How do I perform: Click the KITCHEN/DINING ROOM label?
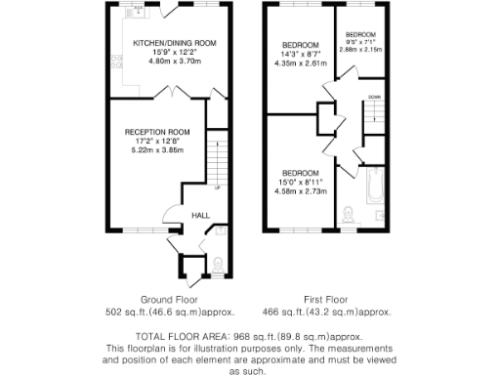coord(175,44)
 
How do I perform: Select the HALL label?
coord(200,215)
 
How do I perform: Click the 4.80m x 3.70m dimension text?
coord(174,62)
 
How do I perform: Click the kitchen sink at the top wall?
coord(140,11)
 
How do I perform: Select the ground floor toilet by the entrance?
coord(216,263)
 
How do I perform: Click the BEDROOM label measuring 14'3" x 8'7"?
coord(301,46)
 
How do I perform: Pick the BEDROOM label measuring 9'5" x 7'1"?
coord(360,33)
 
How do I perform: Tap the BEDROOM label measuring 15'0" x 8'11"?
coord(301,172)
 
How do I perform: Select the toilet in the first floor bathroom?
coord(349,211)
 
